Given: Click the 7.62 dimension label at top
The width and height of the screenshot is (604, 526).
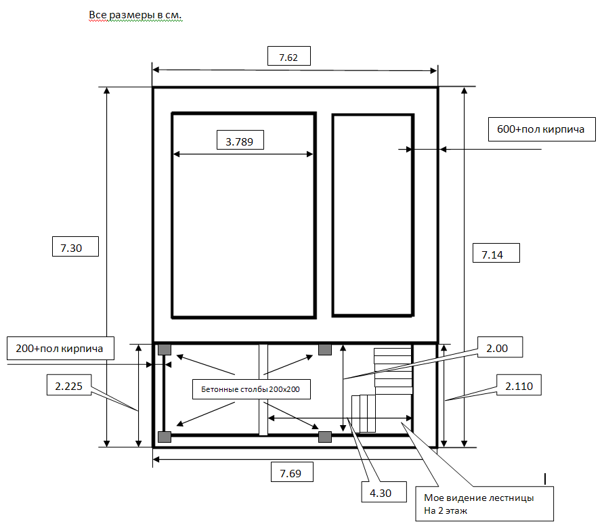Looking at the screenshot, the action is (x=289, y=56).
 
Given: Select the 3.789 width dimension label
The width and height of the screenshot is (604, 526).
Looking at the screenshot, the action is (x=240, y=140).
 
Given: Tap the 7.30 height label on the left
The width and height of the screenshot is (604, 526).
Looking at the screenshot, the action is (x=76, y=246).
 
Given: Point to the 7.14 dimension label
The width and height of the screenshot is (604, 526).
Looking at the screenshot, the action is (x=496, y=253).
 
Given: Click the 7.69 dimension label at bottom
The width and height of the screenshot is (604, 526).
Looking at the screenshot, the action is (x=292, y=472).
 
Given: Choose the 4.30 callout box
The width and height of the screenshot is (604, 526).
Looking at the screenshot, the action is (x=384, y=491).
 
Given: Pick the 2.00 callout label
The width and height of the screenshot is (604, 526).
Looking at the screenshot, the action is (x=500, y=347).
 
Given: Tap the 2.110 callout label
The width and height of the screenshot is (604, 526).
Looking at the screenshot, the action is (x=519, y=385).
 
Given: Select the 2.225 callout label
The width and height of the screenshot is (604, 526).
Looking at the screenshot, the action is (x=69, y=385).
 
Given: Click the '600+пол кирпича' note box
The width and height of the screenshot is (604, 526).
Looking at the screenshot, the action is (x=542, y=129).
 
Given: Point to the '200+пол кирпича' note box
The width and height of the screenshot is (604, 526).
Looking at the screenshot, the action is (x=60, y=349).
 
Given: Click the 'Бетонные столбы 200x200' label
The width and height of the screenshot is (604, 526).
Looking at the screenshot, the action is (x=251, y=389).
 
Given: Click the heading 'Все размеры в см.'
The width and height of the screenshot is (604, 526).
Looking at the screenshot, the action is (x=135, y=15).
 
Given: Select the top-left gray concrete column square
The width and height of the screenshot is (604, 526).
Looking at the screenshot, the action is (x=165, y=349).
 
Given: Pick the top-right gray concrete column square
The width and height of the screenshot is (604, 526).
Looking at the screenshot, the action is (x=325, y=349).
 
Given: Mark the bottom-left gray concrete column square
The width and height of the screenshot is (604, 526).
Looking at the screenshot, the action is (x=165, y=437).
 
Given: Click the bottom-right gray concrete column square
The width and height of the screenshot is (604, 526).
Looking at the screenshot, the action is (x=325, y=437).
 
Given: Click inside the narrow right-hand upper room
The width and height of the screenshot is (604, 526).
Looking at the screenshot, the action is (x=373, y=215).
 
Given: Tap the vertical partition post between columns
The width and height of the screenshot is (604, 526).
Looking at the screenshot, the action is (x=263, y=390).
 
